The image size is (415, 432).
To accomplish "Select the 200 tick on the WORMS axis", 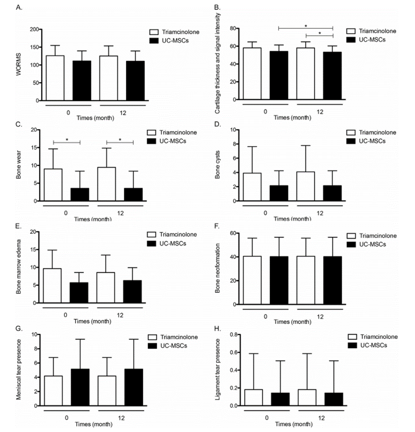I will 32,29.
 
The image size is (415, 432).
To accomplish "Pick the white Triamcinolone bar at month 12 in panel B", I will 306,73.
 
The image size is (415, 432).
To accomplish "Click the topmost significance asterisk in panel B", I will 305,25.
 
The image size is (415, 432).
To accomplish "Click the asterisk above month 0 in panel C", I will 67,140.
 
